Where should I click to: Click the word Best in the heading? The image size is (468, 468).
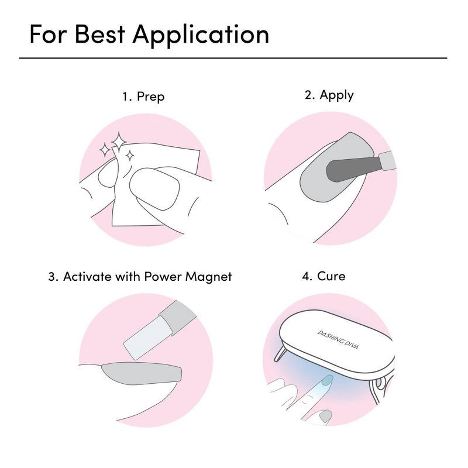click(99, 34)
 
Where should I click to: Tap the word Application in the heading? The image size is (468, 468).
click(201, 36)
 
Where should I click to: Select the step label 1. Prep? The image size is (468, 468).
click(143, 97)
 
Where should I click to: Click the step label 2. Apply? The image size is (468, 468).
click(329, 95)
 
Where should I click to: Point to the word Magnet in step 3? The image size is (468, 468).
click(209, 277)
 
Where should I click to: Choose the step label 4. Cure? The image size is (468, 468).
click(324, 276)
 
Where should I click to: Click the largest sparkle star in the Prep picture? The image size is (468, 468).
click(119, 142)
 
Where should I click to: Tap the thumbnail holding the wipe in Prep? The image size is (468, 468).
click(154, 188)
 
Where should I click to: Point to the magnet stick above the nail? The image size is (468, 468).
click(160, 330)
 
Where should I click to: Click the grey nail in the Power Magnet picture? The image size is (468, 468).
click(142, 373)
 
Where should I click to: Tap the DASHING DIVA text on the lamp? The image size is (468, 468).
click(338, 340)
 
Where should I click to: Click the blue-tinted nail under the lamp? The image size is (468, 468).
click(328, 380)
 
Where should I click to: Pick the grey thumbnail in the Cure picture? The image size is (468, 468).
click(325, 416)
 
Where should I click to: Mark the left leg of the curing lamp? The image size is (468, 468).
click(280, 354)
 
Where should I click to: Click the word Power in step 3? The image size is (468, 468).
click(163, 277)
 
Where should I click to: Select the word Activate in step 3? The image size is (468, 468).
click(87, 277)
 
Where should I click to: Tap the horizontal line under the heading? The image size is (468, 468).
click(233, 58)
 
